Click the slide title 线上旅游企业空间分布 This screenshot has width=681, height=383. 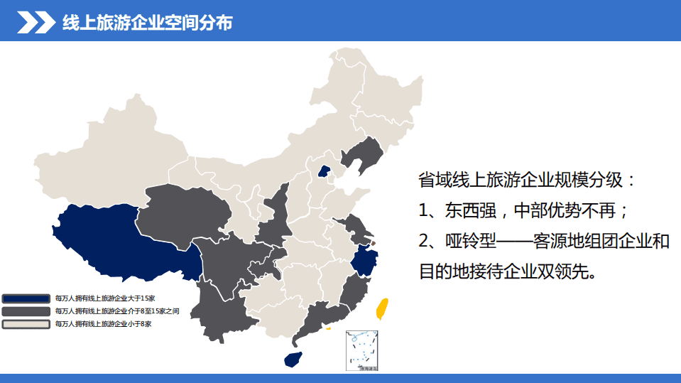147,23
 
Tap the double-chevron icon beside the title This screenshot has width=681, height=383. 36,23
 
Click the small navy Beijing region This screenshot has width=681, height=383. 324,171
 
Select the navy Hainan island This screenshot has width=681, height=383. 292,359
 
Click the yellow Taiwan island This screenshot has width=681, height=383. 381,309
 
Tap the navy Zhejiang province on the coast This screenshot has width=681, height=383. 364,261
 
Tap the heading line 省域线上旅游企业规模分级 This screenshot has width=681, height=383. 528,179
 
